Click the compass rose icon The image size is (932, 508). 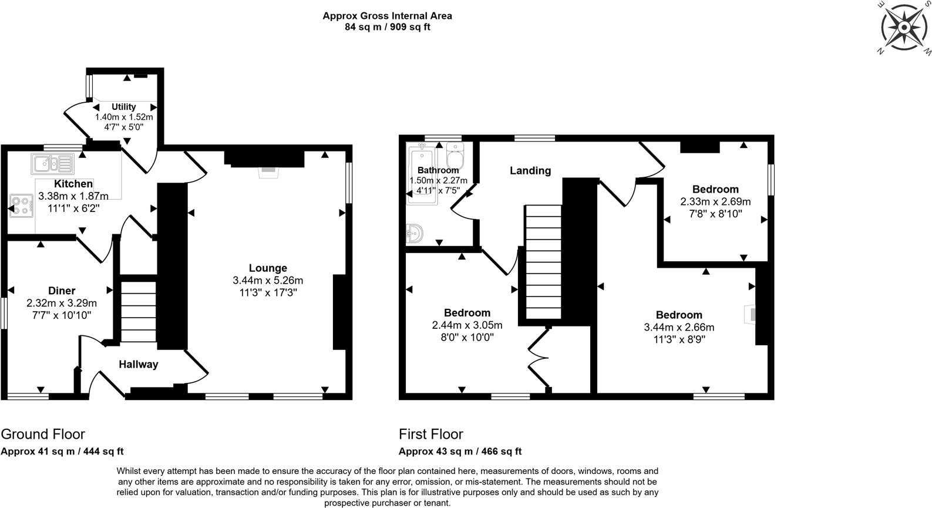tap(905, 28)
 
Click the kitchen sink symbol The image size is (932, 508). tap(52, 164)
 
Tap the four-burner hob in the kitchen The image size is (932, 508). tap(21, 206)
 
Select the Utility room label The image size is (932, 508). tap(124, 107)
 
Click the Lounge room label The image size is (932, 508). tap(268, 268)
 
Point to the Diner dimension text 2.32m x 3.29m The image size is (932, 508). tap(62, 303)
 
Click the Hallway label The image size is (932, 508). tap(139, 364)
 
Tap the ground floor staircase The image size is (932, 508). tap(139, 311)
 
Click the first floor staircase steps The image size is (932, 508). tap(543, 261)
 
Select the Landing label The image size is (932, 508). tap(530, 171)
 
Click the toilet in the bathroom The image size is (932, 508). tap(455, 156)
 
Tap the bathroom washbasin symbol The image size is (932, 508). tap(415, 233)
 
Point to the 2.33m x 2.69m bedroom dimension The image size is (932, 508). tap(715, 201)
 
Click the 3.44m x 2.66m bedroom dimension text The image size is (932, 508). tap(679, 327)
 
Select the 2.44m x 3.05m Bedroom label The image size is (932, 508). tap(467, 313)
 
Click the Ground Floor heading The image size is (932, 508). tap(43, 434)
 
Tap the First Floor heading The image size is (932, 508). tap(431, 434)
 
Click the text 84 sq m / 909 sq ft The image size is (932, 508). tap(387, 27)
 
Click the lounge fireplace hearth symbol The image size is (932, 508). tap(268, 171)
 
